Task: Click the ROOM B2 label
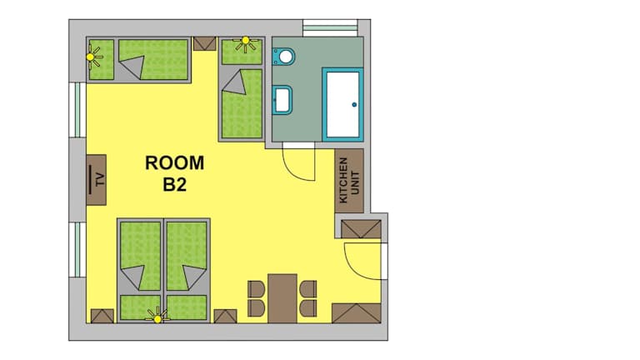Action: pos(175,173)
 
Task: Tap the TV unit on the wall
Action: pos(97,180)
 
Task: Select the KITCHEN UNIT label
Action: pos(349,180)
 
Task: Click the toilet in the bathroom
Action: pos(283,57)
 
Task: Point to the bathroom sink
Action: pos(282,100)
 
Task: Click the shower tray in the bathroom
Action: pos(342,104)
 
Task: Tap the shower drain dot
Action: pos(354,105)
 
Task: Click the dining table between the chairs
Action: pos(282,298)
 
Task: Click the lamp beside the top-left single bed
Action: pos(92,57)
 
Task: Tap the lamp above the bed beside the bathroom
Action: pos(245,42)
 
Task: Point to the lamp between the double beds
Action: pos(157,317)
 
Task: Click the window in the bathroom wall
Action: pos(330,28)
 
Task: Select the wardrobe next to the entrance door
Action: pos(361,229)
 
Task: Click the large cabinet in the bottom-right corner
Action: pos(357,313)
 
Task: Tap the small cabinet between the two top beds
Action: pos(204,43)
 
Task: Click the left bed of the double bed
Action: pos(140,271)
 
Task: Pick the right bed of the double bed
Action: pos(187,271)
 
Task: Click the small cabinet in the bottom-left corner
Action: pos(102,317)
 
